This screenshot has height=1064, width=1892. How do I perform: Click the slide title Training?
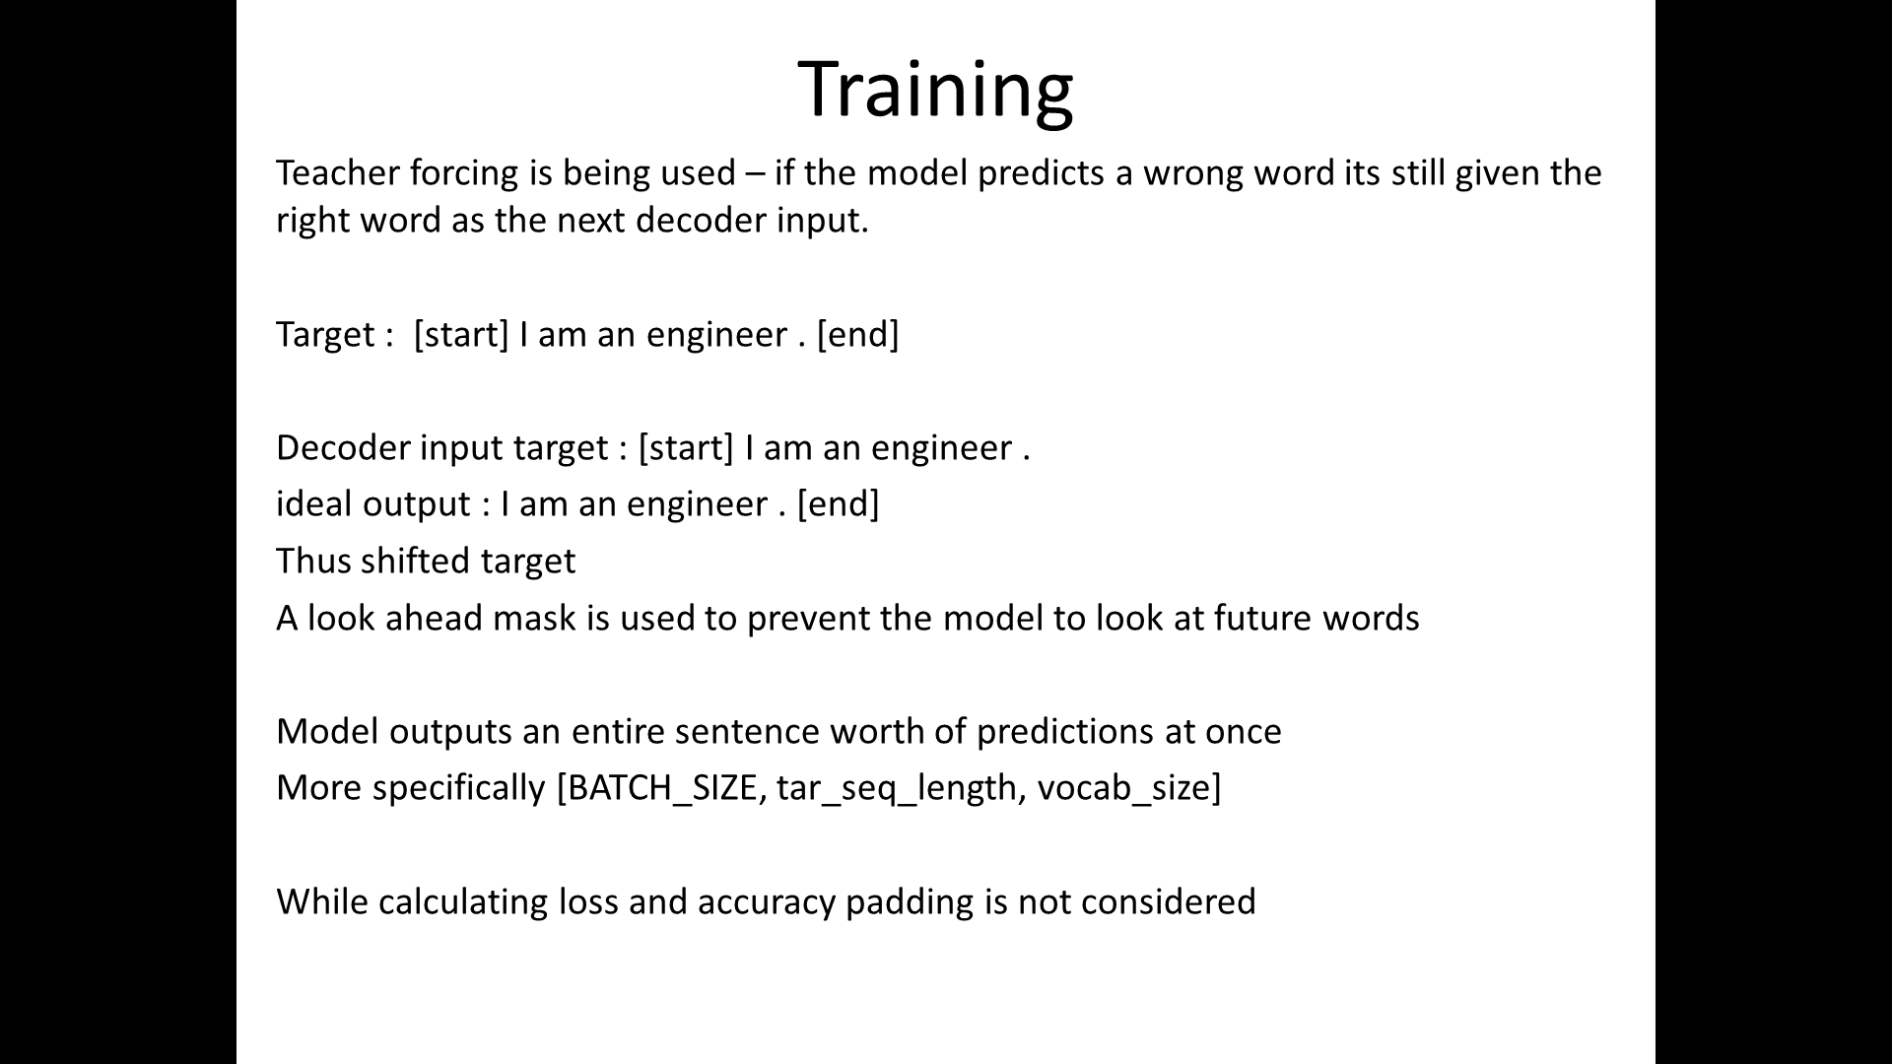[x=934, y=89]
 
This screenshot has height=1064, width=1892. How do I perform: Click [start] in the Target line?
[x=461, y=335]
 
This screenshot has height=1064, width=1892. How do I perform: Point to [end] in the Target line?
[x=857, y=335]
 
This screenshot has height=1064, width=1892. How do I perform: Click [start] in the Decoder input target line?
[x=686, y=448]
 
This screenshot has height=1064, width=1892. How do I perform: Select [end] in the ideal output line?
[x=838, y=504]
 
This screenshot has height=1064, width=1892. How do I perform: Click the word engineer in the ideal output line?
[x=697, y=504]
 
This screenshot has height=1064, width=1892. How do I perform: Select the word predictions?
[x=1064, y=732]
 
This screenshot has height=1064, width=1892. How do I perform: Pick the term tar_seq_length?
[x=897, y=788]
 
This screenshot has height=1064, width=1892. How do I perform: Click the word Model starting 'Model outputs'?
[x=327, y=732]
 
